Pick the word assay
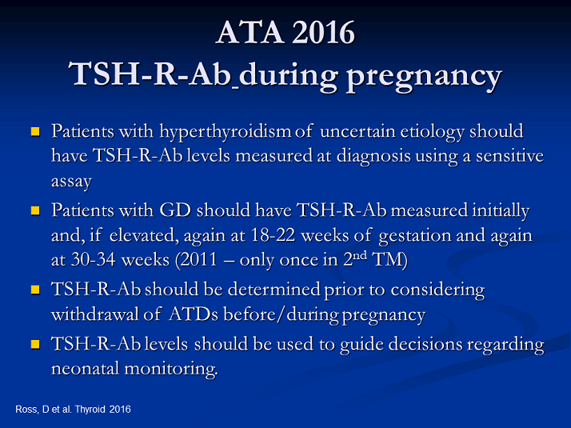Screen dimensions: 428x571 pyautogui.click(x=71, y=182)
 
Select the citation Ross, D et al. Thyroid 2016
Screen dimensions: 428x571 pyautogui.click(x=73, y=410)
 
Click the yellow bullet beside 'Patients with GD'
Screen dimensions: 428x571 pyautogui.click(x=35, y=212)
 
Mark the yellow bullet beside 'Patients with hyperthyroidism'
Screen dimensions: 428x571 pyautogui.click(x=35, y=130)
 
